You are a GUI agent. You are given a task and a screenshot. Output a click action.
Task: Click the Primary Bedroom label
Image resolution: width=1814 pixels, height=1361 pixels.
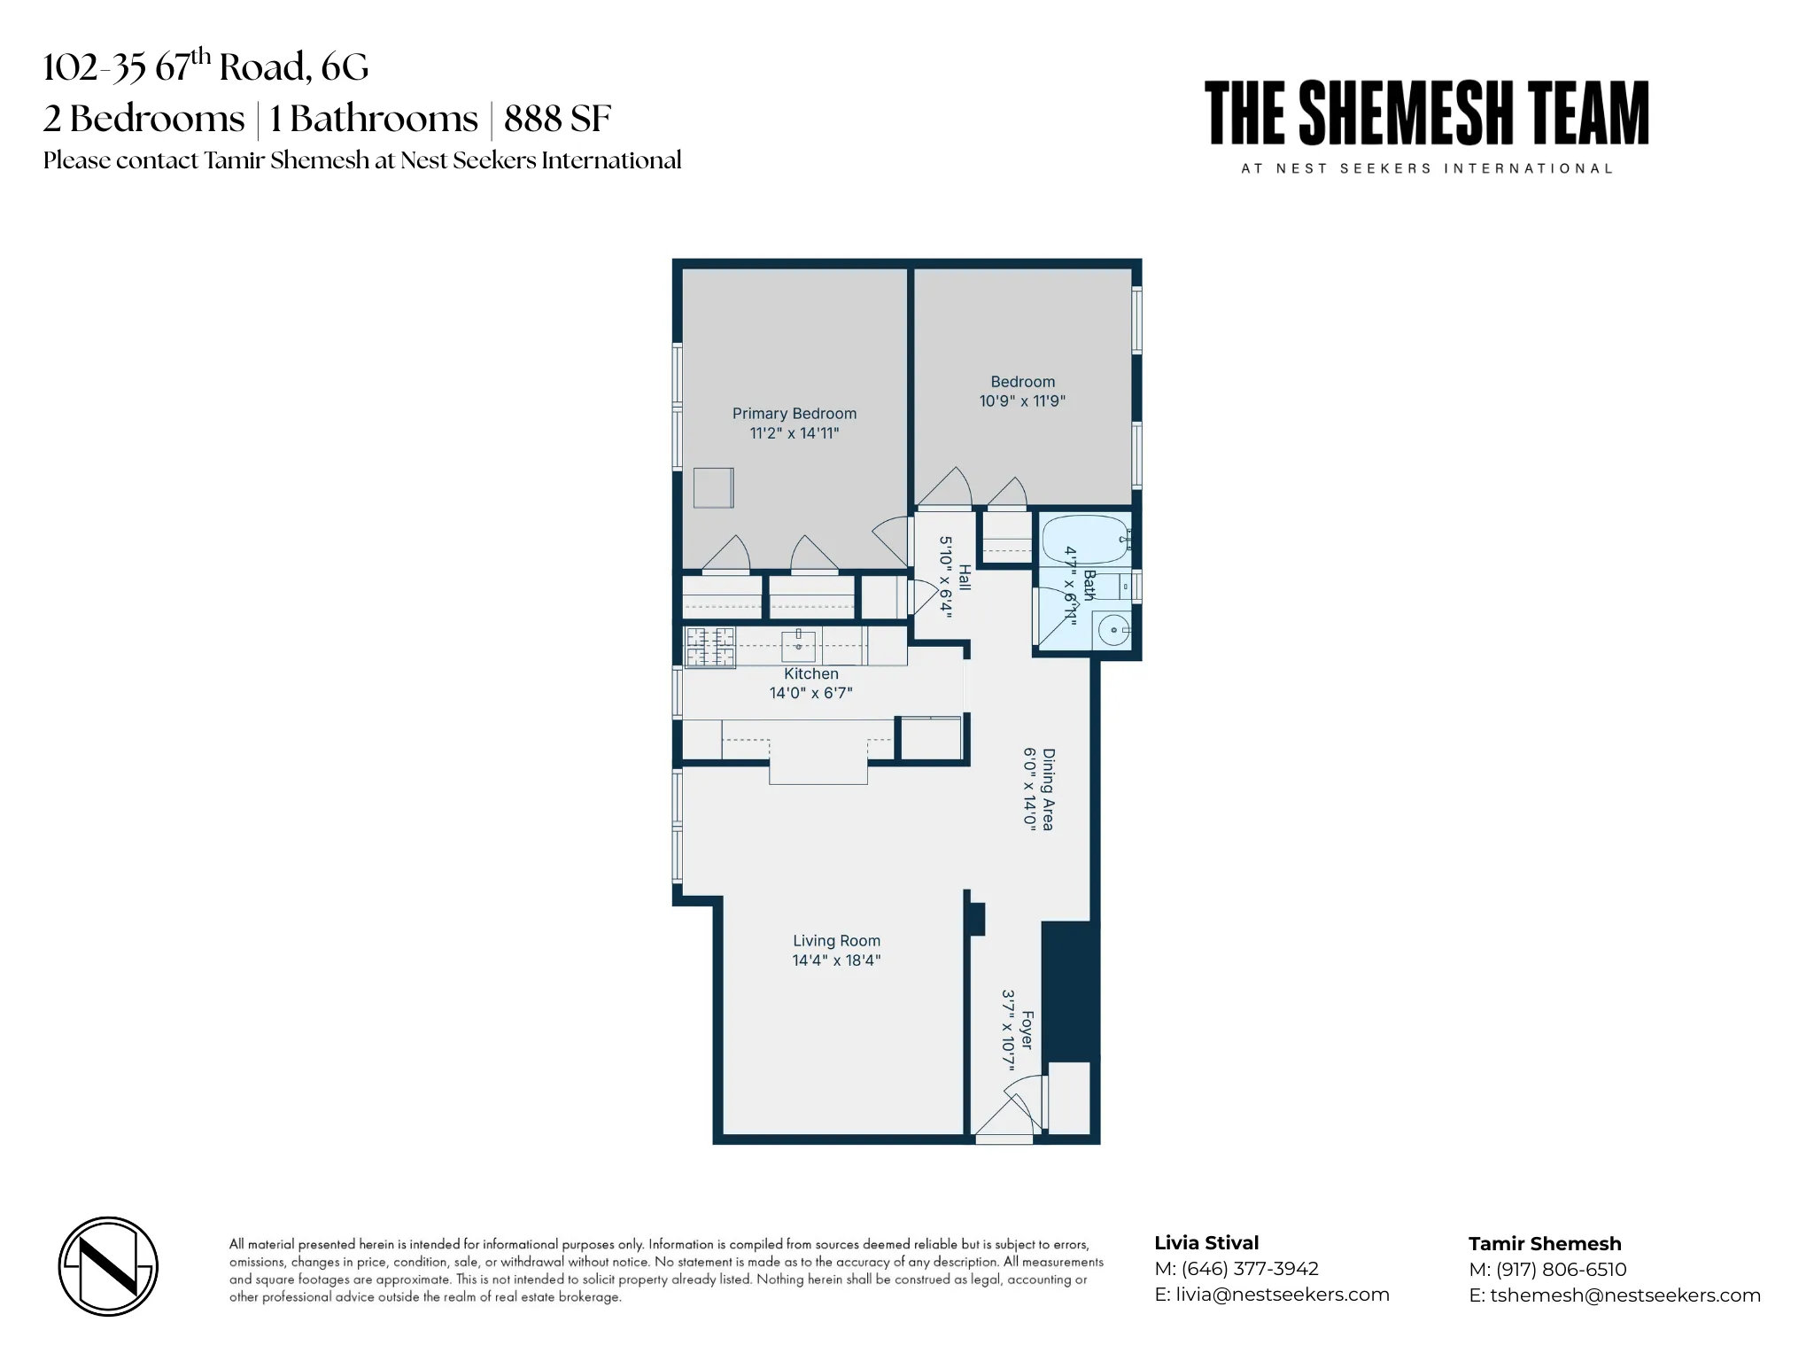[x=794, y=414]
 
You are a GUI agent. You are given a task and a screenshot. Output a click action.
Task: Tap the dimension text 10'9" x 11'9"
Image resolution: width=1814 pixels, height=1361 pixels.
[x=1021, y=401]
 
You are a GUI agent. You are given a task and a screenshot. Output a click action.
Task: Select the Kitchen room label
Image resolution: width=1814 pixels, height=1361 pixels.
[x=810, y=674]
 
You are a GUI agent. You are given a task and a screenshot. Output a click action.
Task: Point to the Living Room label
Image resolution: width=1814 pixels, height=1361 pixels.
[x=836, y=941]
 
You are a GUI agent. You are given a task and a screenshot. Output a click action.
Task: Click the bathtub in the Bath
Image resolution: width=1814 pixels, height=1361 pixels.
[x=1083, y=538]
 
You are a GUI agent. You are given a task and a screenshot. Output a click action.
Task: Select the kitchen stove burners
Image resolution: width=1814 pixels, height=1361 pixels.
[x=709, y=647]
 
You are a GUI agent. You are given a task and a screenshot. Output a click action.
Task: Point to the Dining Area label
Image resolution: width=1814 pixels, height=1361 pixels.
[x=1048, y=789]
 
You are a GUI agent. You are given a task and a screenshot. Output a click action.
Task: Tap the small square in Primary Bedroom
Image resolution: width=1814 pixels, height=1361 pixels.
[x=713, y=488]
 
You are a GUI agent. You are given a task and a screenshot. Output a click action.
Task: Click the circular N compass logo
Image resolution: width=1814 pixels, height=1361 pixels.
[x=108, y=1266]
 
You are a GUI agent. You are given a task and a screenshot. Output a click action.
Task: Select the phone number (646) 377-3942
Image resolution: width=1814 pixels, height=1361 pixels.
[x=1250, y=1269]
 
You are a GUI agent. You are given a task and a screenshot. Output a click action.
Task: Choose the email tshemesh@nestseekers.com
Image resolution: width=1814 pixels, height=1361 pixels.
[x=1624, y=1295]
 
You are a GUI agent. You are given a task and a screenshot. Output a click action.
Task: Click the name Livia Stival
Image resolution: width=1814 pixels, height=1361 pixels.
[x=1206, y=1243]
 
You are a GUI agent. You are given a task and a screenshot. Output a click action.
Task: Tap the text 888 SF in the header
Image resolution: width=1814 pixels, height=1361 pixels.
[x=557, y=119]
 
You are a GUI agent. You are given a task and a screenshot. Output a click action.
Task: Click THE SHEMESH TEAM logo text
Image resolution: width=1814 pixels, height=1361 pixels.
[x=1426, y=113]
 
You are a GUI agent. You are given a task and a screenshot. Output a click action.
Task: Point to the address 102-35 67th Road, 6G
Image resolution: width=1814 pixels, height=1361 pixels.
[x=205, y=66]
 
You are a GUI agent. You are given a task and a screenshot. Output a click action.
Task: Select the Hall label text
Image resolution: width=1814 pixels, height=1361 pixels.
[x=965, y=578]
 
